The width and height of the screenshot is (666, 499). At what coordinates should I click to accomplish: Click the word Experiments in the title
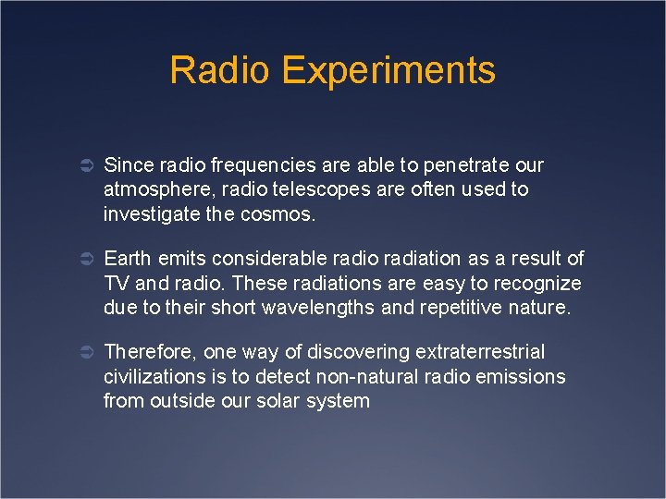389,71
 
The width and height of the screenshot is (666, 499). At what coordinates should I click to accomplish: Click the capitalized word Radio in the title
220,70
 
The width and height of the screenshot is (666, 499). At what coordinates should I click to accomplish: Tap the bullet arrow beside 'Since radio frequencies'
82,166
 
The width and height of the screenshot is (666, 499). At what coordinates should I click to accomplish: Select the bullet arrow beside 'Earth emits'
82,260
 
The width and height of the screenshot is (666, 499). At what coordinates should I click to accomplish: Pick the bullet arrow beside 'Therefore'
82,353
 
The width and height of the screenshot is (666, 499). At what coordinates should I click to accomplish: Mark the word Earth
126,259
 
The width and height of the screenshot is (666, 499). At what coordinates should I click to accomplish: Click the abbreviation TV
117,283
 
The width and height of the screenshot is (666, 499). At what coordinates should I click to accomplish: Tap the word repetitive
462,308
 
